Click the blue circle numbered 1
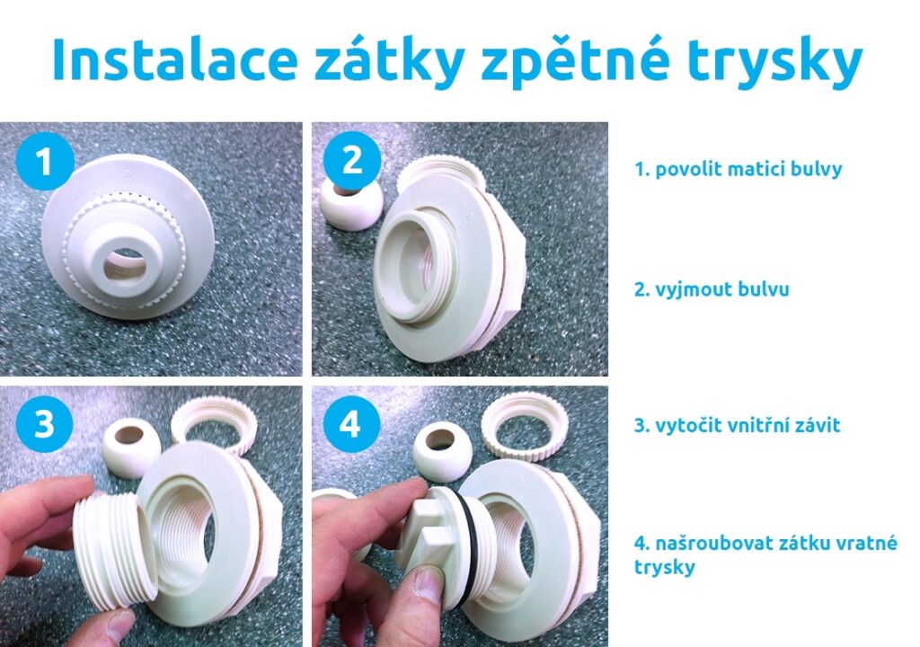point(45,161)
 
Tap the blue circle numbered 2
point(352,160)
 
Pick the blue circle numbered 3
point(44,423)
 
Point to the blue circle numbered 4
point(349,424)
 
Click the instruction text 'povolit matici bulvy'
point(748,170)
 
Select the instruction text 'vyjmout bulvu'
point(722,288)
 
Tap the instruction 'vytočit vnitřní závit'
point(747,424)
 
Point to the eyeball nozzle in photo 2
point(351,202)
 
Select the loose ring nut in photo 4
point(525,426)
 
